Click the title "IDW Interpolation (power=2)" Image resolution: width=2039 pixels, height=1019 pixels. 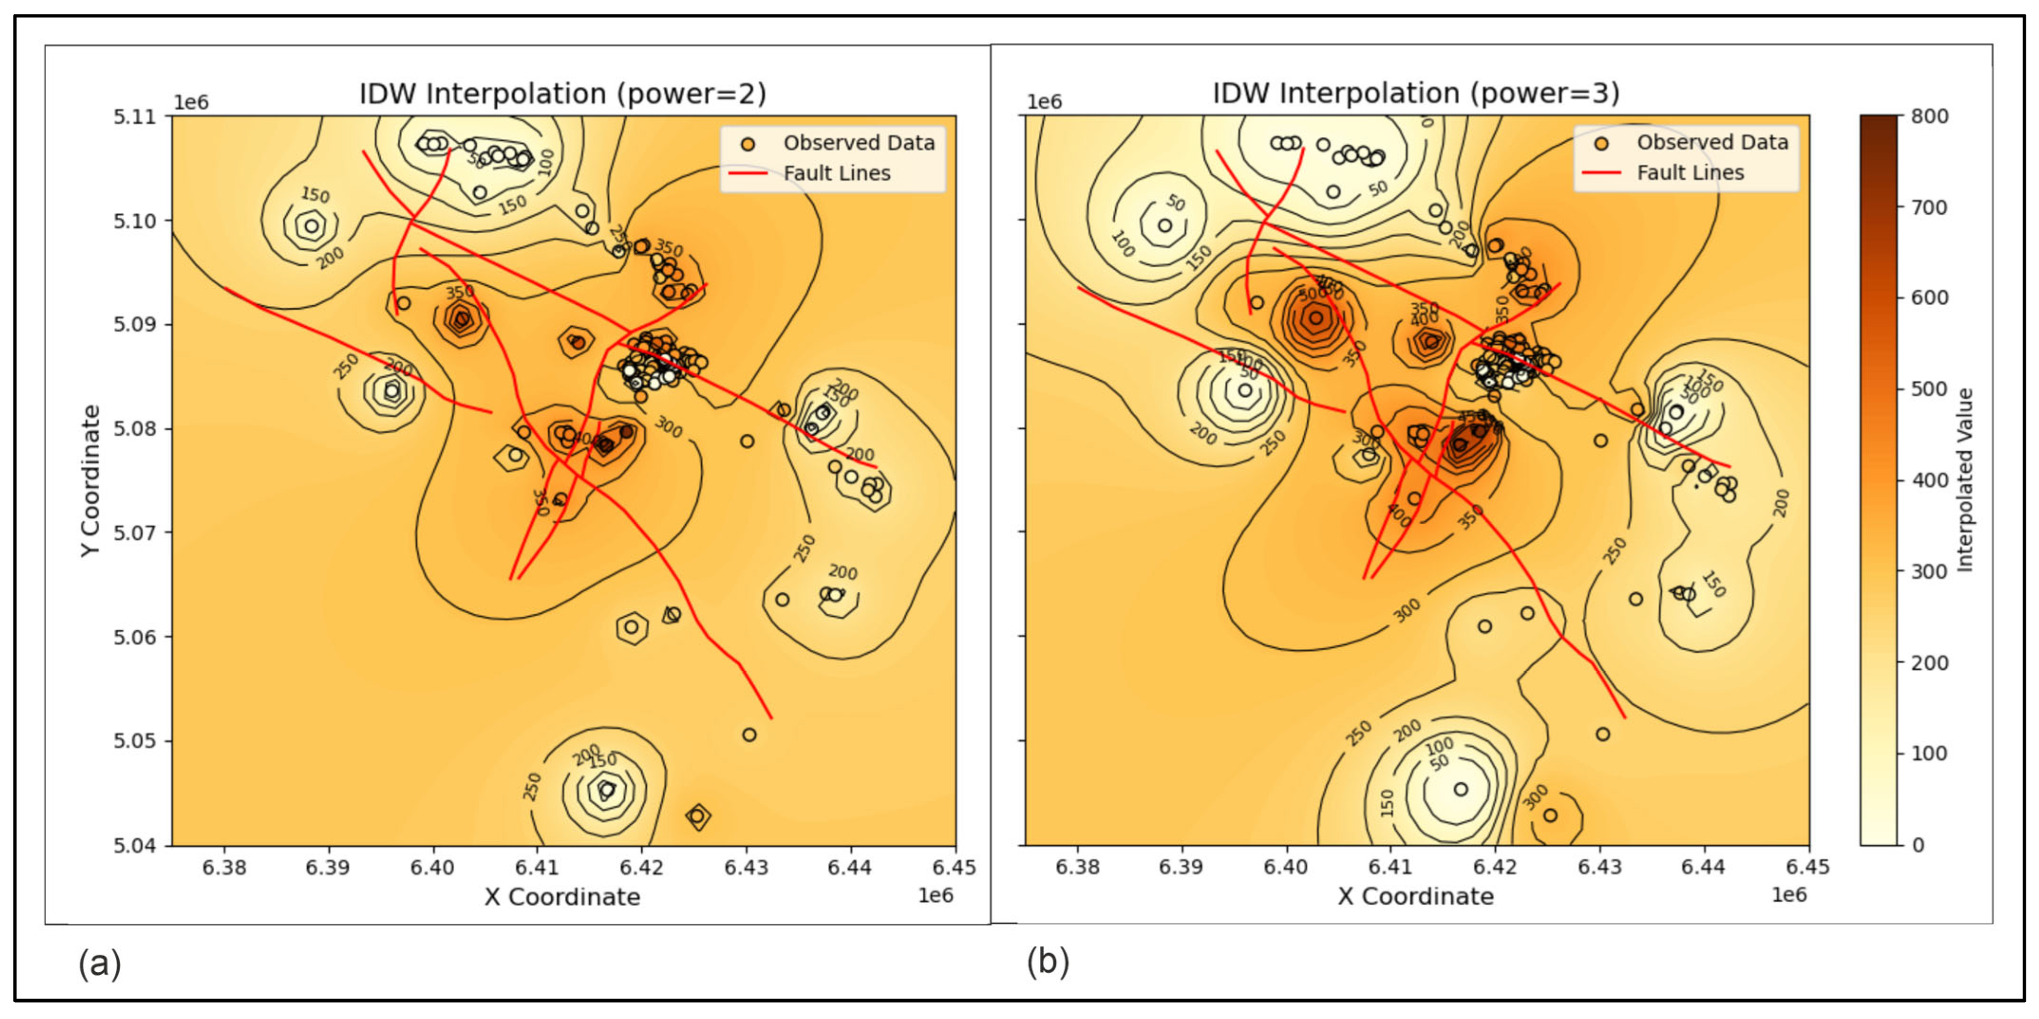[x=563, y=93]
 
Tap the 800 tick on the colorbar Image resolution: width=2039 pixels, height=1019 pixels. [x=1930, y=116]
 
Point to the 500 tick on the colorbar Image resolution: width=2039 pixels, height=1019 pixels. [x=1930, y=389]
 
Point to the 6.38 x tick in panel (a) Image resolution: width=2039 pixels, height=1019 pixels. [x=224, y=868]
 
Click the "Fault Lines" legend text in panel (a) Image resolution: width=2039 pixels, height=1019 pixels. [x=836, y=173]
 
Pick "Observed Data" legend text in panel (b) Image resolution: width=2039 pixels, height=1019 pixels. [x=1712, y=142]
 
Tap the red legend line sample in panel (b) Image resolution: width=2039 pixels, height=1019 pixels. [x=1601, y=172]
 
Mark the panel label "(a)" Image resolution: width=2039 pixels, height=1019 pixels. [x=100, y=964]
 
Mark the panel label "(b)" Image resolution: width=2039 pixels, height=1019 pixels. [x=1048, y=962]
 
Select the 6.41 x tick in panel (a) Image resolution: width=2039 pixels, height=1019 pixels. [x=537, y=868]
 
